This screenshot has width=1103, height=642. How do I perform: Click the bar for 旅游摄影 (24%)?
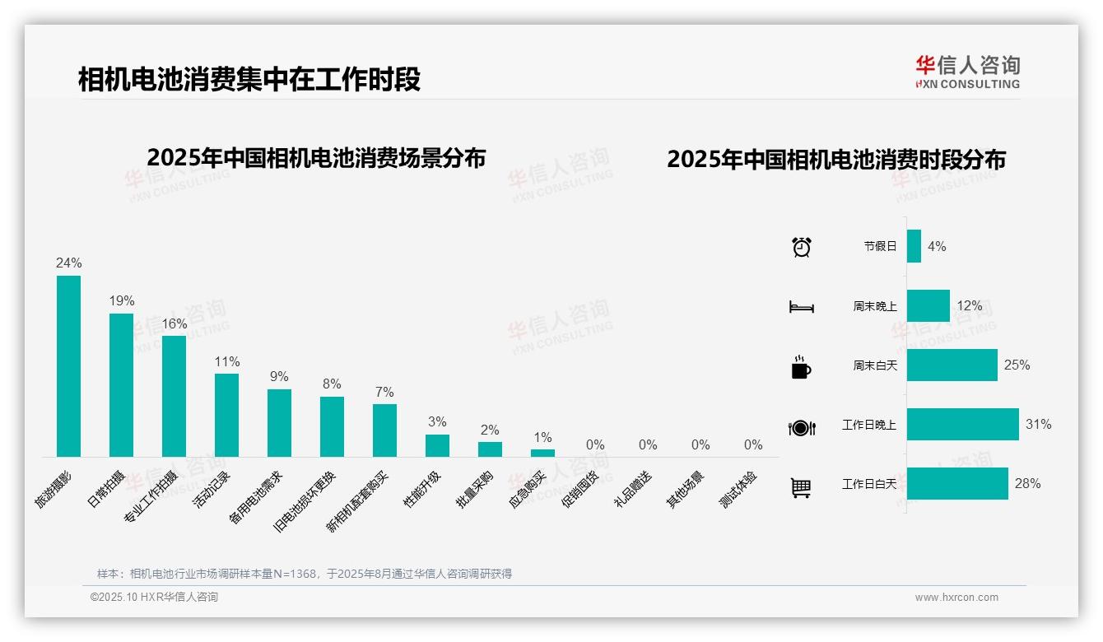point(68,365)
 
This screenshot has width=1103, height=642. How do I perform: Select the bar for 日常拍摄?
point(121,384)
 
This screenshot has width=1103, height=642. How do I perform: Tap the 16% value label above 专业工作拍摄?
point(174,324)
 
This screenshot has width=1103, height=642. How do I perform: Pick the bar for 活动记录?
point(226,415)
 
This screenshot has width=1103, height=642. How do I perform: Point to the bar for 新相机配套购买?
point(384,430)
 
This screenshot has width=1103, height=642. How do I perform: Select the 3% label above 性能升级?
point(437,422)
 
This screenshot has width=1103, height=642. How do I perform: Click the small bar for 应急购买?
point(542,453)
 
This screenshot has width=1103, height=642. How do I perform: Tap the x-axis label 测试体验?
point(738,490)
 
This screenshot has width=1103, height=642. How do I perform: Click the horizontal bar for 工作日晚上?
point(962,425)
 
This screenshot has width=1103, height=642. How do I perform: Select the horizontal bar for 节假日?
point(914,246)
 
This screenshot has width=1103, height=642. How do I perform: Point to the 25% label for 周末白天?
point(1017,365)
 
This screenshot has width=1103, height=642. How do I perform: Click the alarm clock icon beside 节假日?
point(801,247)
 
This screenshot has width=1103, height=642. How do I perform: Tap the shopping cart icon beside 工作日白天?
point(801,488)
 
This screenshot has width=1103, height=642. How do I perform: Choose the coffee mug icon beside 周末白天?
point(801,367)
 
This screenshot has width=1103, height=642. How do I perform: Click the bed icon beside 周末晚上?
point(801,307)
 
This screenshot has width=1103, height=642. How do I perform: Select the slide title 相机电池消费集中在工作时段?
point(249,80)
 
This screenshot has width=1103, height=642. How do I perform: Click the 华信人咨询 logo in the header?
point(967,72)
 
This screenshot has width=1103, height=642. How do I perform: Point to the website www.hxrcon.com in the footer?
point(956,598)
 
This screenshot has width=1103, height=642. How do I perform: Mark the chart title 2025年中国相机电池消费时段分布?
point(836,160)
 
